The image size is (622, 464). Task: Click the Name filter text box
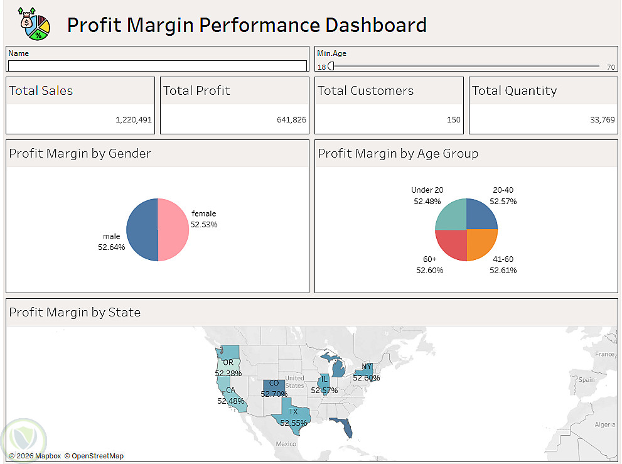click(x=157, y=65)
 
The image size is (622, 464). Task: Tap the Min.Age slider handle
click(x=331, y=66)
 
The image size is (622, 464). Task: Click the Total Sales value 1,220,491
click(x=134, y=119)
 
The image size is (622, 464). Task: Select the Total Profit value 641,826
click(x=291, y=119)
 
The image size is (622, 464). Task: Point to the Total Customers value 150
click(x=453, y=119)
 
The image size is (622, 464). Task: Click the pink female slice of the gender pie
click(x=173, y=229)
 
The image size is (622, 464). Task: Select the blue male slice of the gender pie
click(x=142, y=229)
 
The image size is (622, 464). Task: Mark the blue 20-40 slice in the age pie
click(x=481, y=215)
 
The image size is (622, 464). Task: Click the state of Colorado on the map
click(x=274, y=387)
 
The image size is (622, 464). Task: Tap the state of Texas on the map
click(x=294, y=414)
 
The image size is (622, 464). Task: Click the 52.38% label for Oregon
click(x=228, y=373)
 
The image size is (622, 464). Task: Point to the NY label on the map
click(x=367, y=367)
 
